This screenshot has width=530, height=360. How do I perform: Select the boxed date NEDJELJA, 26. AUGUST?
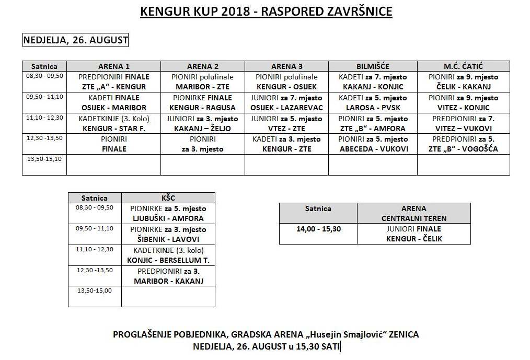(76, 40)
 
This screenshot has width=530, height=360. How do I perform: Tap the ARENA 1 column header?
(114, 66)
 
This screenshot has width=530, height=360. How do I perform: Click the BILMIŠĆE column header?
(373, 66)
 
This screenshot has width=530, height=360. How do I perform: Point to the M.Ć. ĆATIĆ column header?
(463, 66)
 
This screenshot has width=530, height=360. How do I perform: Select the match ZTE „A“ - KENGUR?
(114, 87)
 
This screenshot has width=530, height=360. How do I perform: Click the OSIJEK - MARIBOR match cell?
(114, 108)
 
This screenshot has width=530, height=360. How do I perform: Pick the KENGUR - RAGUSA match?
(202, 108)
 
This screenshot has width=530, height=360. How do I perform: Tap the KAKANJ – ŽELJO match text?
(202, 128)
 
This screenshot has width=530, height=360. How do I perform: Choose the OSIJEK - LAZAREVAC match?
(286, 108)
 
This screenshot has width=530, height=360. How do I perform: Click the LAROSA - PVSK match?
(373, 108)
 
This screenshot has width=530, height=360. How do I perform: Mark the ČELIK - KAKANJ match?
(463, 87)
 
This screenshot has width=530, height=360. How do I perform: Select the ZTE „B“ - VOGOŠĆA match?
(463, 149)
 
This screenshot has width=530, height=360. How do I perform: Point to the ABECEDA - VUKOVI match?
(373, 149)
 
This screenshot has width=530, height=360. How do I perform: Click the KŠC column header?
(168, 198)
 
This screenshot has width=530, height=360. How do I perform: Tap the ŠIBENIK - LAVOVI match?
(168, 239)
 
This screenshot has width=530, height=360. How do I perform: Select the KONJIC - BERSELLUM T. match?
(168, 260)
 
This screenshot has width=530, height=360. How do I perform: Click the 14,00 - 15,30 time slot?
(318, 228)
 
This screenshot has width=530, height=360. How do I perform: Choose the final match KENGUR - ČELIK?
(414, 239)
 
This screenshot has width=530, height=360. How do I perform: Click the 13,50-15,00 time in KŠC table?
(94, 291)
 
